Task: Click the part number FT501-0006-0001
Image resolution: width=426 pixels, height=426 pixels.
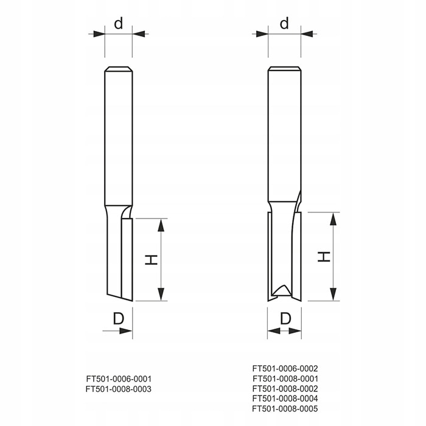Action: [x=119, y=379]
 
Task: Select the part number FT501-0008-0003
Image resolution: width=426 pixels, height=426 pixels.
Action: [x=119, y=389]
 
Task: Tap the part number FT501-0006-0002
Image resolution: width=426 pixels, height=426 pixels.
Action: [x=285, y=368]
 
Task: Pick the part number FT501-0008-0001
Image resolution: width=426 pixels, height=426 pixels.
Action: [x=285, y=379]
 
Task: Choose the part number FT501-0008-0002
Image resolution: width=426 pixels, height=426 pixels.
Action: [x=285, y=388]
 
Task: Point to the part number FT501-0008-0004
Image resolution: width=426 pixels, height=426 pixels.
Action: [x=285, y=399]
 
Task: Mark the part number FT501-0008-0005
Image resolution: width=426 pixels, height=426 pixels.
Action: [x=285, y=408]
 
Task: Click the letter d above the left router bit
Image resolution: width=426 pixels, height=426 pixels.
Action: [x=119, y=23]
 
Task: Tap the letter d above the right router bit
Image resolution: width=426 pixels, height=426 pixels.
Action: [x=284, y=23]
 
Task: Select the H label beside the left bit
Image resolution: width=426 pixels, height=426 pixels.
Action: [x=151, y=260]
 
